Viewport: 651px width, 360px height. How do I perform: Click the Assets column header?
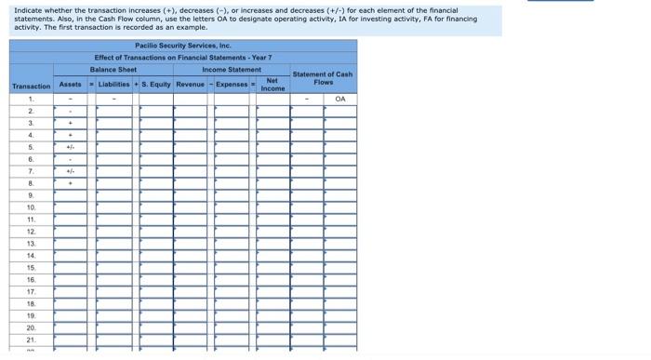click(70, 85)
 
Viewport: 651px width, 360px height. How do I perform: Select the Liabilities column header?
click(113, 85)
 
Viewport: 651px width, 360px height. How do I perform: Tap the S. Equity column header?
click(156, 85)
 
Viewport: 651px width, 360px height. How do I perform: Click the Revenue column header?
click(190, 85)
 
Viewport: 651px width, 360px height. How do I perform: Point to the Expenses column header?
click(232, 85)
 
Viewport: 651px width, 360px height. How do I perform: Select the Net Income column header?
click(272, 85)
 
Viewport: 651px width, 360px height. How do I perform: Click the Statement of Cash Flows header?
click(322, 78)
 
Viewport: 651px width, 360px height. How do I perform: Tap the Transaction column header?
click(31, 87)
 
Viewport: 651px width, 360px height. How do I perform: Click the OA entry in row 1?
click(340, 99)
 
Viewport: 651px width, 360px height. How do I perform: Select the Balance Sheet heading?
click(113, 70)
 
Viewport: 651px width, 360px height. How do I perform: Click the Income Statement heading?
click(232, 70)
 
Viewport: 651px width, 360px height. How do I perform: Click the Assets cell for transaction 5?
click(70, 147)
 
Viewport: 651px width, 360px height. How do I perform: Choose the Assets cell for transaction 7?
click(70, 171)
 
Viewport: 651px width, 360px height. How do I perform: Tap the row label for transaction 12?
click(31, 232)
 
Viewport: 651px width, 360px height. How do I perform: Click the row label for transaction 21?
click(31, 340)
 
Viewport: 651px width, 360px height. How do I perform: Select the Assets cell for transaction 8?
click(70, 183)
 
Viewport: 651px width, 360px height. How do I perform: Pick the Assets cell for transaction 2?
click(70, 111)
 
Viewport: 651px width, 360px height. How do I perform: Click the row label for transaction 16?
click(31, 280)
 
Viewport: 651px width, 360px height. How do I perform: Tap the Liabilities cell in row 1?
click(113, 99)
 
